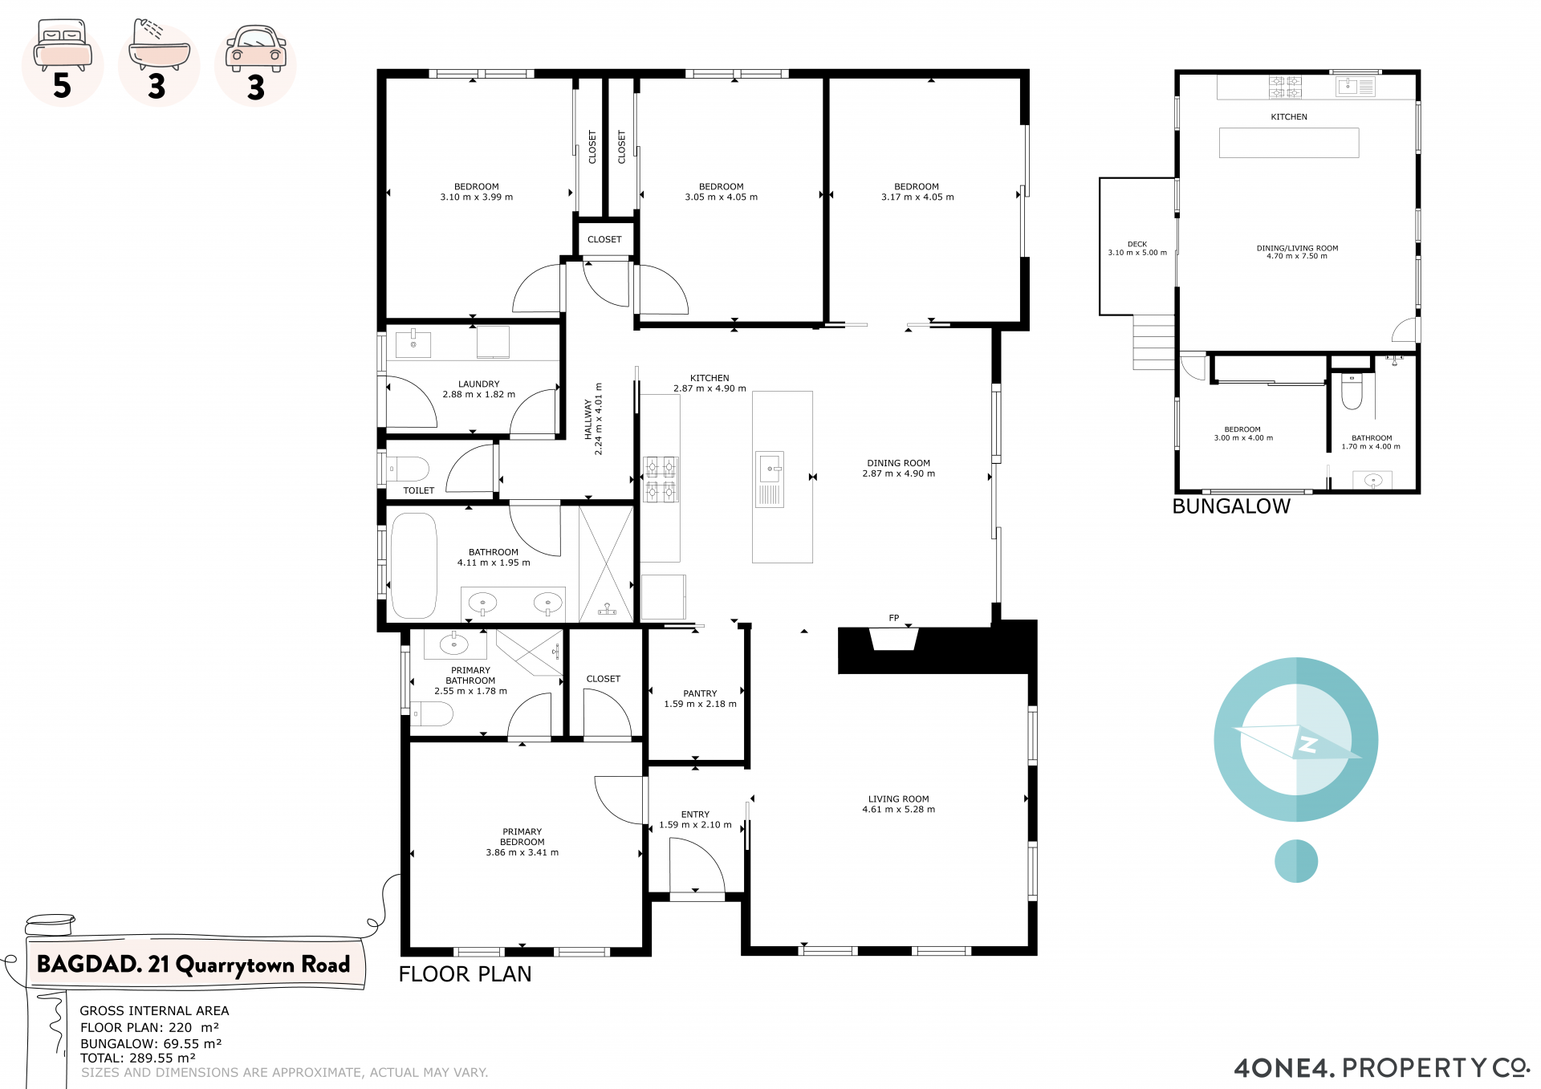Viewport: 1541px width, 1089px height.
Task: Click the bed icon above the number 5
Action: coord(63,47)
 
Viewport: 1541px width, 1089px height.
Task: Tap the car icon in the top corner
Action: coord(256,48)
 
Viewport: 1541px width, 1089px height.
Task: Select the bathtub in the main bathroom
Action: coord(414,566)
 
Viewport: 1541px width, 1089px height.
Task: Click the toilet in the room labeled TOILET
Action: coord(409,469)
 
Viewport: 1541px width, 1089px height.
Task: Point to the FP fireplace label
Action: coord(894,618)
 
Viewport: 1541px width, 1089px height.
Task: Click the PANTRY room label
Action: coord(700,693)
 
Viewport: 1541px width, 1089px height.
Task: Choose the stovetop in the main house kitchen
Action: coord(661,479)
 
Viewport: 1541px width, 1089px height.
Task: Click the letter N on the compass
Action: coord(1308,744)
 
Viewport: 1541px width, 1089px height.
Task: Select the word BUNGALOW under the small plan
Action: coord(1231,506)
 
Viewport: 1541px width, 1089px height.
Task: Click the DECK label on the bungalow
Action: coord(1137,244)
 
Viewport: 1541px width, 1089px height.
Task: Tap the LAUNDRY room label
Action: coord(479,384)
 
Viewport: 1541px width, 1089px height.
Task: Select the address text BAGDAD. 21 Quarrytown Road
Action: coord(193,964)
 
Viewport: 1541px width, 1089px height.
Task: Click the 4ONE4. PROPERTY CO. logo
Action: coord(1382,1068)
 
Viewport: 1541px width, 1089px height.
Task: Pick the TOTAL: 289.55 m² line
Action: coord(138,1059)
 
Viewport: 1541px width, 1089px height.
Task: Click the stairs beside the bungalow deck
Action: coord(1154,342)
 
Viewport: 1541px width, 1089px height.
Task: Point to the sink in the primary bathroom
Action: coord(454,644)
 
